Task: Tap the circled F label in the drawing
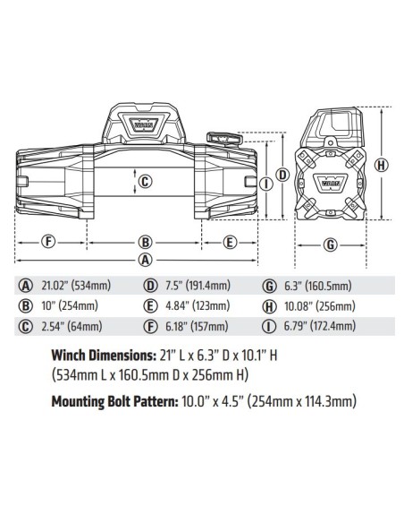click(49, 242)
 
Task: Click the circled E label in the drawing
click(229, 242)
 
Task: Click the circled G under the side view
click(329, 244)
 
